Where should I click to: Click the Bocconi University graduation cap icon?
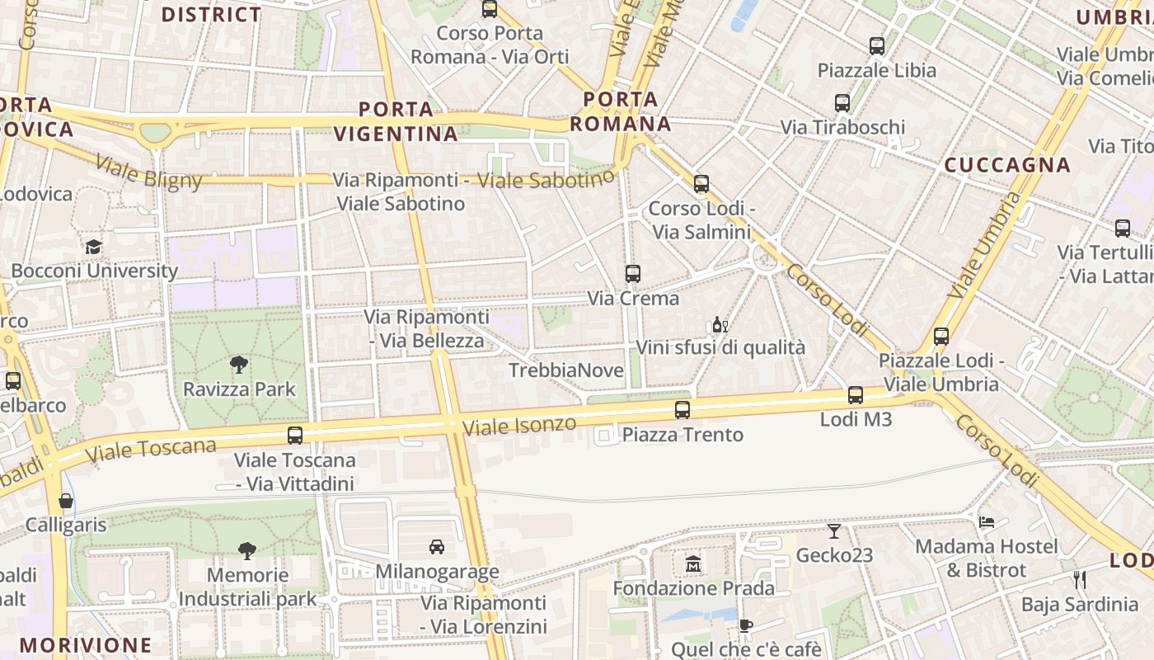tap(93, 247)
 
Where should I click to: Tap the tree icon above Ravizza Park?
tap(239, 364)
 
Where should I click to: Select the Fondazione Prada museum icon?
tap(693, 564)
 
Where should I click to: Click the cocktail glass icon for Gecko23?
tap(834, 531)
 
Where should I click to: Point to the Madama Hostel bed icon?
tap(987, 521)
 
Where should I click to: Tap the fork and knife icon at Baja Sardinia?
tap(1080, 580)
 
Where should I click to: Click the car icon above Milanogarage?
tap(437, 546)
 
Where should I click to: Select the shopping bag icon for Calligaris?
tap(66, 501)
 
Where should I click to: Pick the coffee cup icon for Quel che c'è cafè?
tap(745, 625)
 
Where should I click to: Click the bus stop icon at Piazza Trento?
tap(683, 409)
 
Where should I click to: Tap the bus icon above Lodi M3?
tap(856, 395)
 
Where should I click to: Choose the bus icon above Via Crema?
tap(633, 274)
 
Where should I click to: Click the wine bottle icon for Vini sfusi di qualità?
tap(720, 324)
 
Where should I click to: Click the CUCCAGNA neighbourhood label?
tap(1007, 165)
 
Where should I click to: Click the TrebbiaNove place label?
tap(566, 370)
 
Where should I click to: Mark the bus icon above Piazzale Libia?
tap(877, 46)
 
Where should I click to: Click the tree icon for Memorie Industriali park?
tap(246, 551)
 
